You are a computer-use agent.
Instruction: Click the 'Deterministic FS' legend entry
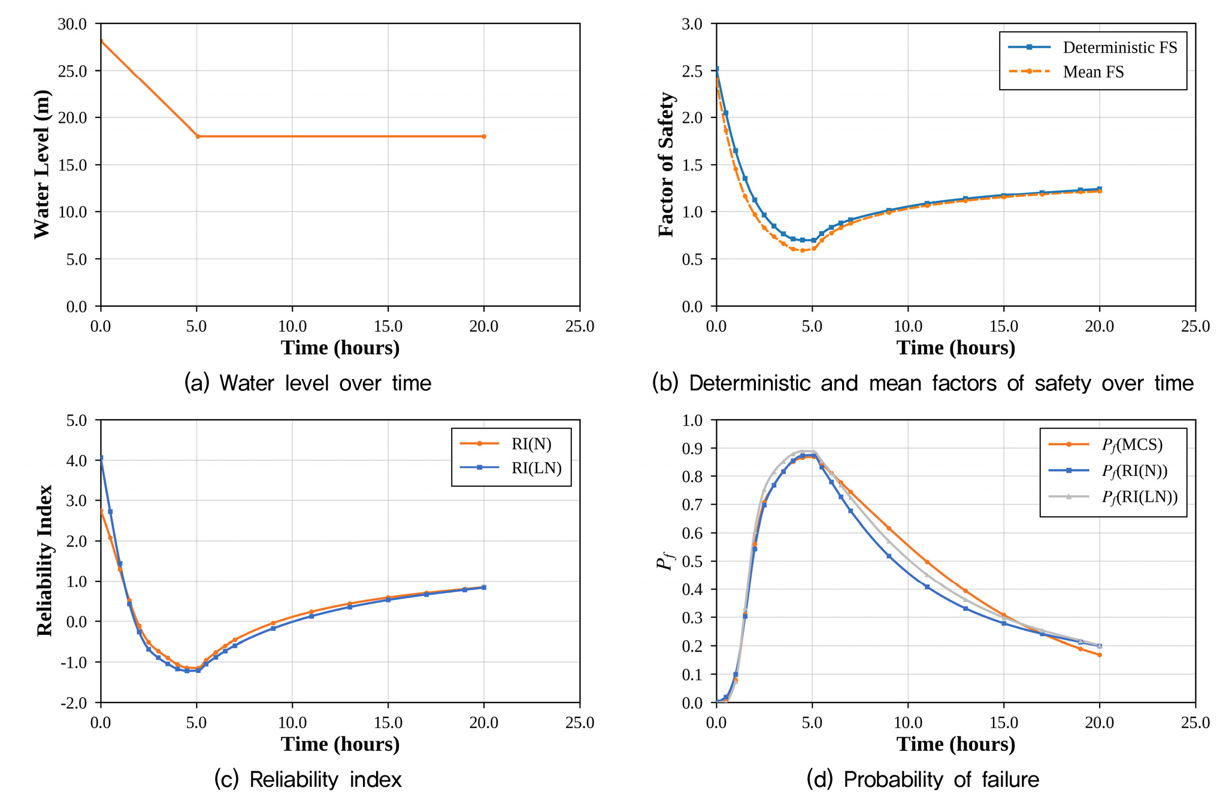click(1092, 47)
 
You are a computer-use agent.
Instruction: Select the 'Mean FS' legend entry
click(1066, 72)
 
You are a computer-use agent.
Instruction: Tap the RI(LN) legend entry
click(511, 468)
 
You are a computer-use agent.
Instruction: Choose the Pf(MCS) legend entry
click(1106, 445)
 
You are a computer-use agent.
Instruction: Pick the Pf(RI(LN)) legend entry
click(1113, 497)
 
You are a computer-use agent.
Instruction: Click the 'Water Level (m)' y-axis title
click(42, 164)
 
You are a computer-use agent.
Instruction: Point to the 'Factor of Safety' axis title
click(666, 165)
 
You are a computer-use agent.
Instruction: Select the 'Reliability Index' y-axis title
click(44, 560)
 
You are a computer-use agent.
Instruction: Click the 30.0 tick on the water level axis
click(72, 24)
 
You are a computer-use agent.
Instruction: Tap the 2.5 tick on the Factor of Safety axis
click(692, 71)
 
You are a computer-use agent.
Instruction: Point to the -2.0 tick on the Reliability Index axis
click(74, 702)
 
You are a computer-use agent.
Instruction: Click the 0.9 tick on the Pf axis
click(692, 449)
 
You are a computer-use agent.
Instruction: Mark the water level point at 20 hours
click(484, 137)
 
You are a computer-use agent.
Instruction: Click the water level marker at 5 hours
click(198, 137)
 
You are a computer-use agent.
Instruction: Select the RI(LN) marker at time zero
click(101, 458)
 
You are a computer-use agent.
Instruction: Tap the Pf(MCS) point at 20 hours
click(1100, 655)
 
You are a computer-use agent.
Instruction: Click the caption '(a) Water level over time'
click(308, 383)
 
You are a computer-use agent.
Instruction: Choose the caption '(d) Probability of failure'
click(923, 779)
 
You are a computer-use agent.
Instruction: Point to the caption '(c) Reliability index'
click(308, 779)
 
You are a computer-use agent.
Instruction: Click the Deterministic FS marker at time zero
click(716, 69)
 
